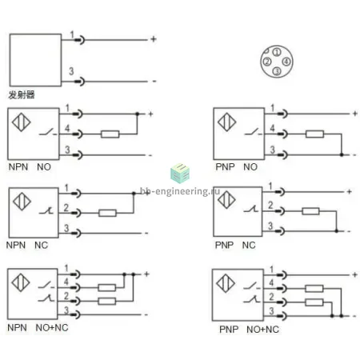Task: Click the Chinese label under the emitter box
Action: [22, 94]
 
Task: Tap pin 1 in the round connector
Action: [277, 52]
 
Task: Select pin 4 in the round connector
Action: [286, 62]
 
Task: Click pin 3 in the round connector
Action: [277, 71]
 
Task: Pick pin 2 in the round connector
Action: [267, 62]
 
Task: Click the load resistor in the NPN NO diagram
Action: [110, 134]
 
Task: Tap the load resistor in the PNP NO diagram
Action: [314, 134]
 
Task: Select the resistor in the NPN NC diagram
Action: [107, 213]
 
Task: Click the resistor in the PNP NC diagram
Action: [310, 211]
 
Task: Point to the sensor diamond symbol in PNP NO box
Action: [226, 122]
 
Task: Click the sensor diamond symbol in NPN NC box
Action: [22, 202]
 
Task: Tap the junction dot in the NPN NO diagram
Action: [138, 114]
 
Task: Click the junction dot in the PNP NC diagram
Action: [337, 231]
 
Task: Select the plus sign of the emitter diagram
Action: [154, 39]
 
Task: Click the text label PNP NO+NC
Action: [249, 330]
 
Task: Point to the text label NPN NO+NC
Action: [38, 327]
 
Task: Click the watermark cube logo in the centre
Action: [180, 174]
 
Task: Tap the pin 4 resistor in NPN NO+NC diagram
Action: [107, 287]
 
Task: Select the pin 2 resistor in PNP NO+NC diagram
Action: [314, 302]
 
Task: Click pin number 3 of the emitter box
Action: [71, 71]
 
